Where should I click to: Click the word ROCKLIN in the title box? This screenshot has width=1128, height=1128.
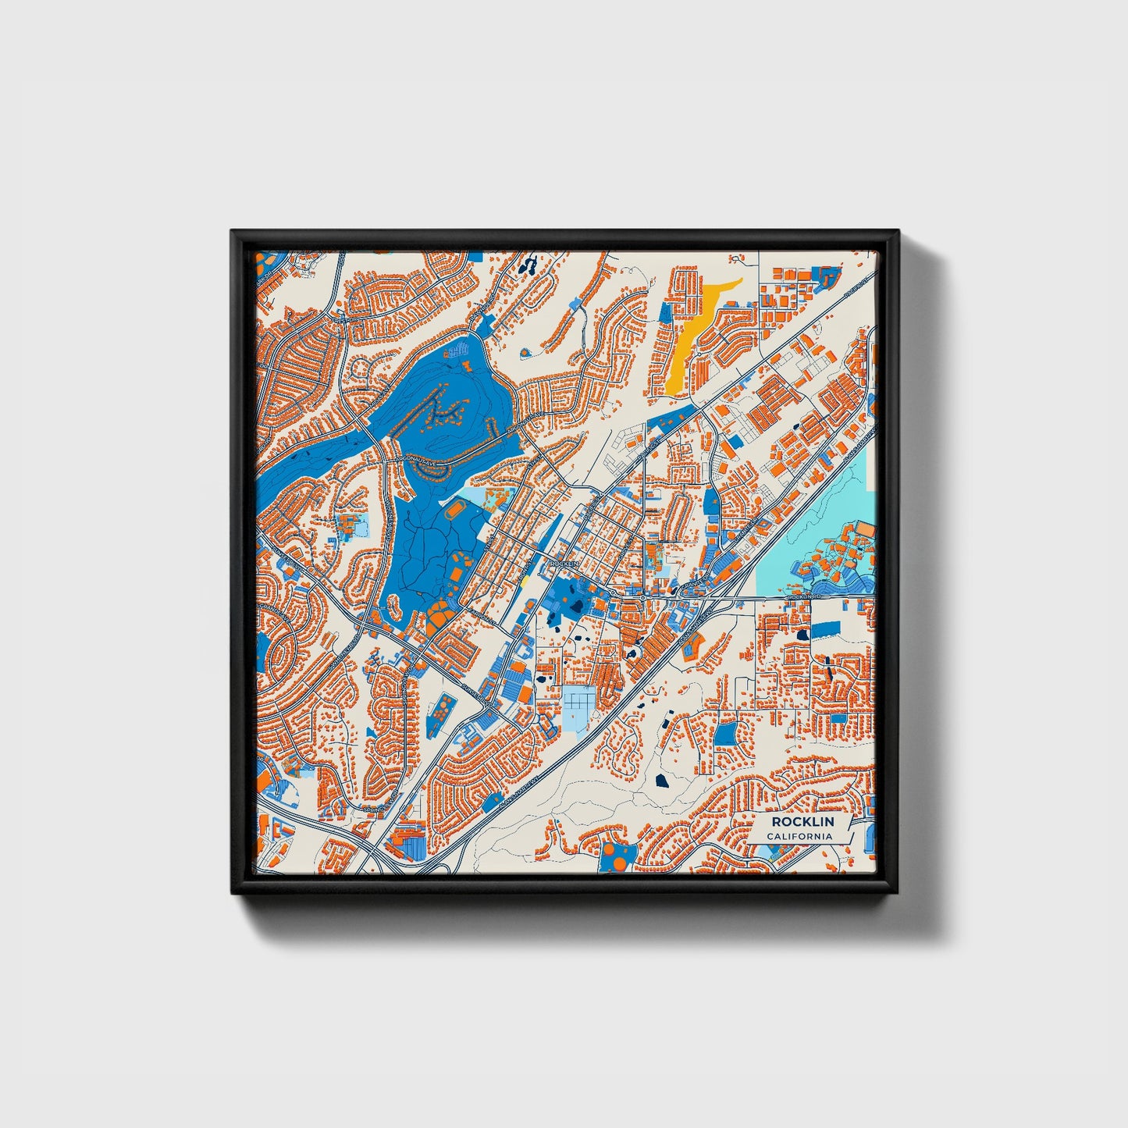802,822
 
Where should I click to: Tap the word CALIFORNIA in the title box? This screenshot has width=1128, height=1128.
799,836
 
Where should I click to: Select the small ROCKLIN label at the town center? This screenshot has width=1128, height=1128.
563,562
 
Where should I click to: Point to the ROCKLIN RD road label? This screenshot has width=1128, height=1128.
805,597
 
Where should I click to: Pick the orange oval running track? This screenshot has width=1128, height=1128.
455,511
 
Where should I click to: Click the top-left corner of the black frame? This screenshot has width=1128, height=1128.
233,232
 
